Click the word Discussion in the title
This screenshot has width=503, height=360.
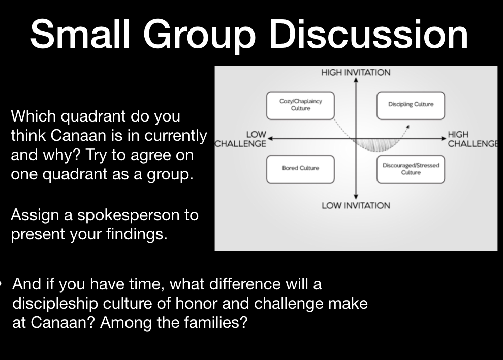368,34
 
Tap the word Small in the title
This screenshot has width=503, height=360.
80,34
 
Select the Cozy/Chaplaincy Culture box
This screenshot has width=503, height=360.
301,106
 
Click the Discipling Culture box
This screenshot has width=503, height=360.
411,106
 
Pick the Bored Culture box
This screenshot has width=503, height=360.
301,169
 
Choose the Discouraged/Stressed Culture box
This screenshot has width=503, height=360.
411,169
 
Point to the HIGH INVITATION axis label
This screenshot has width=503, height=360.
356,73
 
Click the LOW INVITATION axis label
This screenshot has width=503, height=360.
356,205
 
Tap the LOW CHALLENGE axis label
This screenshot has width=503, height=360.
241,139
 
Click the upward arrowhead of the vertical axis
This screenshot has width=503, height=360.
356,80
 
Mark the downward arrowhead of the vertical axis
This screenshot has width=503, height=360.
356,197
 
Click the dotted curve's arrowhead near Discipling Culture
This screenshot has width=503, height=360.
407,127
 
